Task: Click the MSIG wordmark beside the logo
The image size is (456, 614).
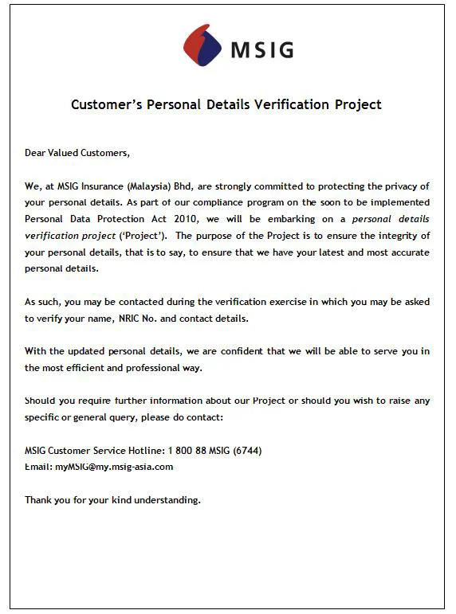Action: (262, 50)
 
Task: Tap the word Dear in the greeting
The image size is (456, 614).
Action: (37, 152)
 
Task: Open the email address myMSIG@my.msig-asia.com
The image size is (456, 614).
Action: (113, 467)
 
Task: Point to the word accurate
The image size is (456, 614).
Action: (408, 252)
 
